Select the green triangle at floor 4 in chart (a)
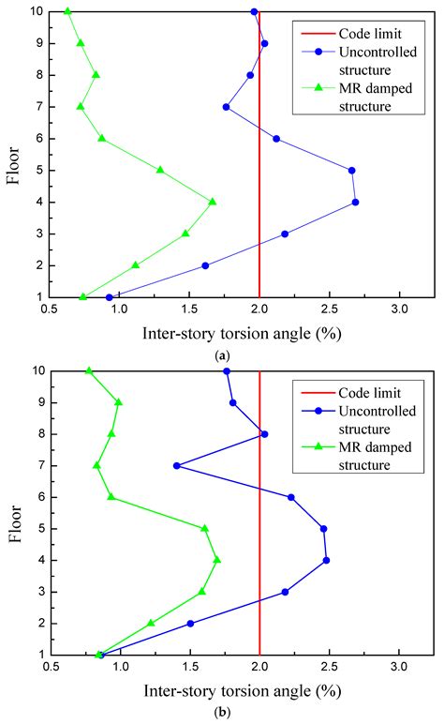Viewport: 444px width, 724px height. [x=213, y=202]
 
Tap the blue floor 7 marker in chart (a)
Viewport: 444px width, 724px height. [x=226, y=107]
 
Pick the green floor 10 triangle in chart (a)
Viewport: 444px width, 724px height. [x=67, y=11]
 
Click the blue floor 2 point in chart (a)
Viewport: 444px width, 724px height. [x=205, y=265]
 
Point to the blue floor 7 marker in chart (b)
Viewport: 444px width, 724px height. [x=176, y=465]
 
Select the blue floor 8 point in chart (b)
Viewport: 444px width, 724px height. [x=265, y=433]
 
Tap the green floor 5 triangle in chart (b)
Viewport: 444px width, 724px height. [x=205, y=528]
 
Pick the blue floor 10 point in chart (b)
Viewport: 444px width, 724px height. [x=227, y=370]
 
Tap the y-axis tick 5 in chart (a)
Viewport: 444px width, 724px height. [x=40, y=170]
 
